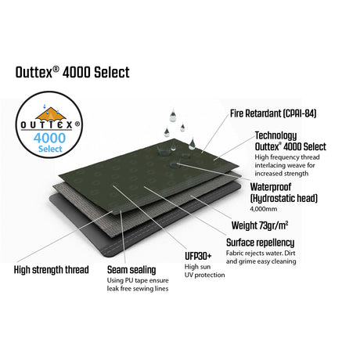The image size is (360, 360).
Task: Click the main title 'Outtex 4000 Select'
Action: (73, 72)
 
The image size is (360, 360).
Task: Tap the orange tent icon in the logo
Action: (51, 114)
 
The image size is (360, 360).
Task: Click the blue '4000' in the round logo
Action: (49, 138)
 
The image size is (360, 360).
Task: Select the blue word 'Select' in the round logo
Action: (50, 149)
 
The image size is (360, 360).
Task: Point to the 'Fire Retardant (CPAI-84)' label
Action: (273, 113)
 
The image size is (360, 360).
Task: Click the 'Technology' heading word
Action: (275, 135)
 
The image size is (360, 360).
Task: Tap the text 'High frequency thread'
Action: (287, 157)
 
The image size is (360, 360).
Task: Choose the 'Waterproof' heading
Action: (271, 187)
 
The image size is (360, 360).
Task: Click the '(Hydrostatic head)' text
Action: (284, 198)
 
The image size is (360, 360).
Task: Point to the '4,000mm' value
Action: (264, 209)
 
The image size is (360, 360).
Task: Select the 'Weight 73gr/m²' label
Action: (260, 225)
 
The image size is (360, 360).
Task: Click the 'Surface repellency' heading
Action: (261, 243)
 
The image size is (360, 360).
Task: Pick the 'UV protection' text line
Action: (204, 275)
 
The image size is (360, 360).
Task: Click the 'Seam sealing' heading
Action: (131, 270)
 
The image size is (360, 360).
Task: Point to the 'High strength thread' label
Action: (52, 270)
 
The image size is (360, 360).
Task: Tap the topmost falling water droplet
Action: (172, 116)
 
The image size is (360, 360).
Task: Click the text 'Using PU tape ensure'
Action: (138, 280)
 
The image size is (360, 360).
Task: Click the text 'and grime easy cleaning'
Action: (261, 261)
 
